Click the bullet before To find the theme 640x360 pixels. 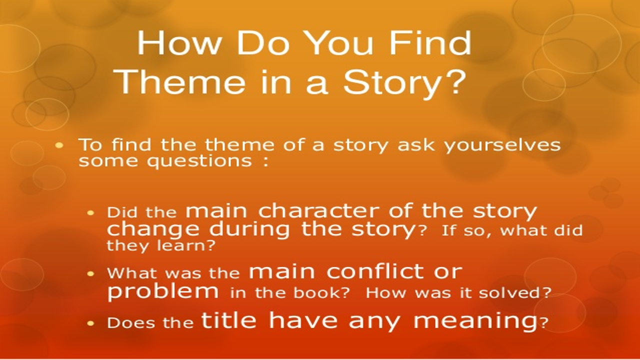coord(60,145)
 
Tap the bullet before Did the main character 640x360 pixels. coord(90,212)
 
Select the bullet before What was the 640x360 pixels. coord(90,273)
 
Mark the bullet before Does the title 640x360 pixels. coord(90,323)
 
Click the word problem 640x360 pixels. coord(163,291)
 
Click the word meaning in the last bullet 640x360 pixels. coord(475,321)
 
